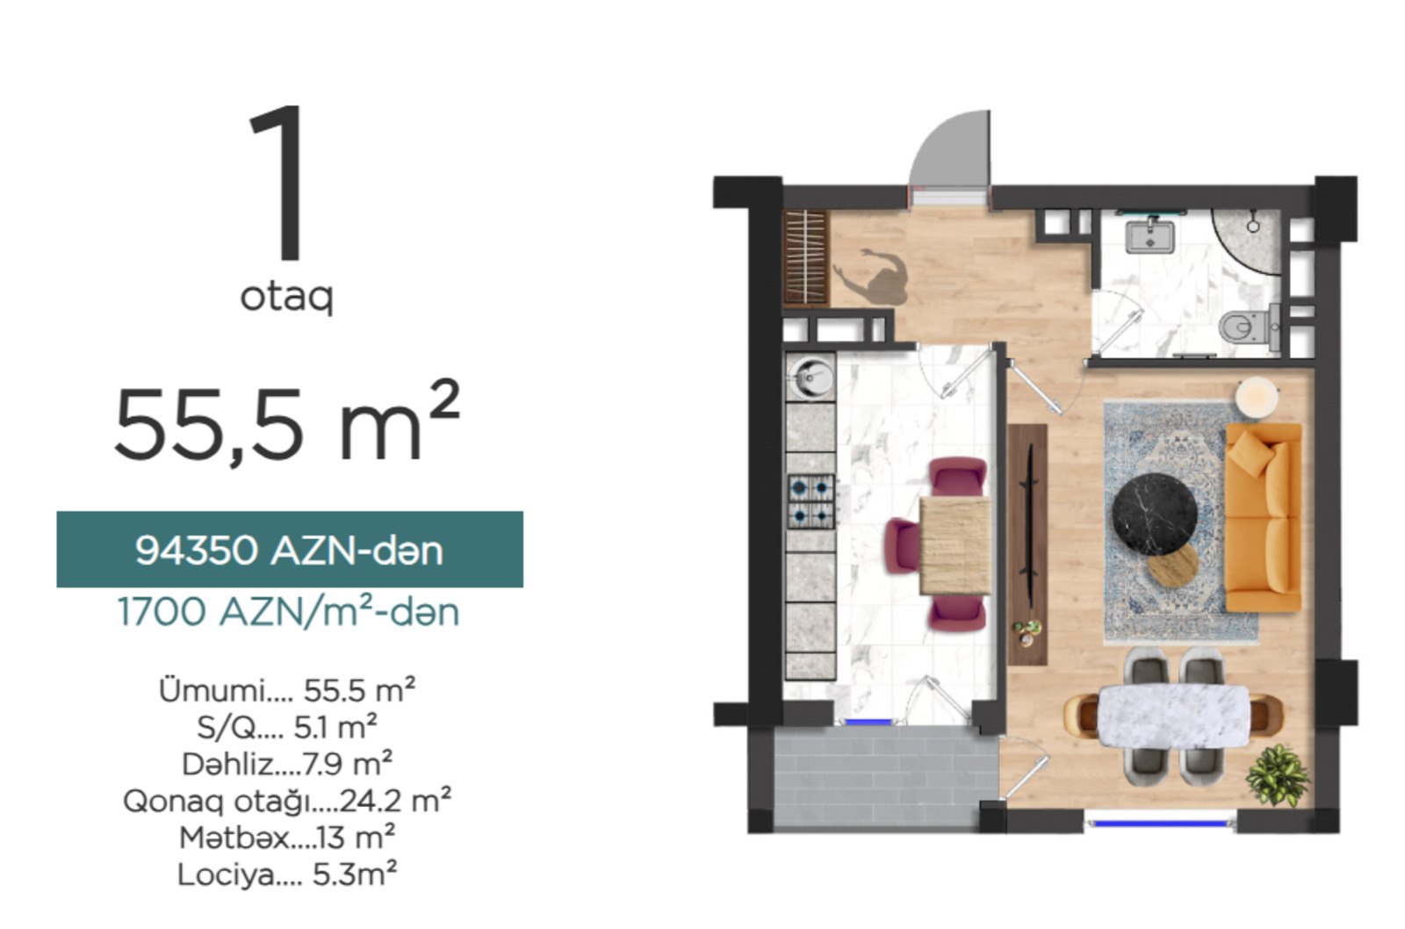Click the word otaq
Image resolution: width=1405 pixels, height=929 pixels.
pos(286,296)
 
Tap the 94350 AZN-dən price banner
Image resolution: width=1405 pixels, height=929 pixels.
pos(290,550)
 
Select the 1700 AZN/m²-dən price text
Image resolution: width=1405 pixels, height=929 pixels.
pos(289,612)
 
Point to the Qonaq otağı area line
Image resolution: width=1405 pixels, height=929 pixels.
pos(287,801)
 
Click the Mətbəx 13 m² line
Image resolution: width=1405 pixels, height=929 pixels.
pos(287,837)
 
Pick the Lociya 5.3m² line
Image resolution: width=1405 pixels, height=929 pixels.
pos(287,874)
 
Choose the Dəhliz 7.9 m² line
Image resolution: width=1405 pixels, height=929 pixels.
pos(287,764)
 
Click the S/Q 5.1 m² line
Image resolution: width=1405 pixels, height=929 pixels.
pos(287,728)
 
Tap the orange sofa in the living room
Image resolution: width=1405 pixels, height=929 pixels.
pos(1264,517)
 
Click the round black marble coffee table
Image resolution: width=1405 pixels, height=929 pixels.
pos(1155,515)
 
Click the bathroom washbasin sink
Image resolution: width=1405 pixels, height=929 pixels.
pos(1149,234)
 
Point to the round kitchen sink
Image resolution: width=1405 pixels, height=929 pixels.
pos(811,377)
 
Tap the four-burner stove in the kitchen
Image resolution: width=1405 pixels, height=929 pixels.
pos(811,501)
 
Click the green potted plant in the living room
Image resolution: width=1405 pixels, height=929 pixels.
pos(1277,775)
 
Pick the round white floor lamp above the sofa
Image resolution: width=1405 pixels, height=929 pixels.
pos(1257,397)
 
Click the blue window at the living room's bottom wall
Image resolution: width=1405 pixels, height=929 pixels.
pos(1160,823)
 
